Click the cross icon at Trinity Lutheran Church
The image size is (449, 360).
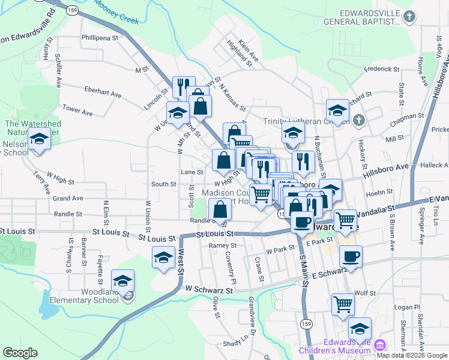click(358, 121)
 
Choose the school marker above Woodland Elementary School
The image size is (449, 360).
click(122, 281)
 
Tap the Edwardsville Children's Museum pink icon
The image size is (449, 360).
click(379, 345)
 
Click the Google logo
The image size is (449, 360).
click(19, 353)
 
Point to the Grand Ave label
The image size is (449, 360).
click(68, 198)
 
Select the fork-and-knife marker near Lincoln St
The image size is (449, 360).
click(184, 87)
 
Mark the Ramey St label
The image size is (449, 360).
click(223, 245)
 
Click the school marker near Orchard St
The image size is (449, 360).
click(338, 110)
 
